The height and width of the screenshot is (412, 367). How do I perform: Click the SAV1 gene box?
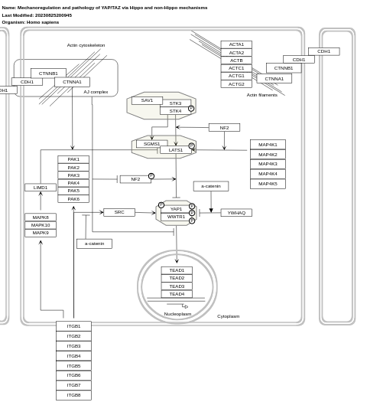click(x=147, y=100)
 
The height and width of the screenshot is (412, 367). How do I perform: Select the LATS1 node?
click(x=176, y=150)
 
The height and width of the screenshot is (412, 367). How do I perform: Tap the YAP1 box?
click(x=176, y=209)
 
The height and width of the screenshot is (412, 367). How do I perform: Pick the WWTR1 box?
click(x=176, y=217)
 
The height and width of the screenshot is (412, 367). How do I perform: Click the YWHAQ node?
click(x=236, y=213)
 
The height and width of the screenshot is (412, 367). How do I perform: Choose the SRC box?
click(x=119, y=212)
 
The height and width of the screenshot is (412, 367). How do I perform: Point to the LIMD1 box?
click(x=41, y=188)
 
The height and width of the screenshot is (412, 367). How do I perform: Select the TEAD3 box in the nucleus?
click(x=177, y=286)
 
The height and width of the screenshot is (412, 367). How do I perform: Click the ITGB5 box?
click(x=73, y=366)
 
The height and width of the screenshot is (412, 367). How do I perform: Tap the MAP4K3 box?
click(x=268, y=164)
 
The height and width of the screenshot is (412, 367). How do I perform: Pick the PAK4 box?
click(x=73, y=183)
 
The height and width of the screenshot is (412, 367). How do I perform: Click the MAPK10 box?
click(x=41, y=225)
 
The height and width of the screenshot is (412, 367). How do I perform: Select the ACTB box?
click(x=236, y=60)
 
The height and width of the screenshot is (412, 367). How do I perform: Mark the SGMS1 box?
click(x=151, y=144)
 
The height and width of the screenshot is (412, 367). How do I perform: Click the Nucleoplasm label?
click(x=177, y=314)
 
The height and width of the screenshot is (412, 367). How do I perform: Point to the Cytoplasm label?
click(x=228, y=316)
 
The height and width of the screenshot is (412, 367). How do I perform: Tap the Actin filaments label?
click(x=261, y=95)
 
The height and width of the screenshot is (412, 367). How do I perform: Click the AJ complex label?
click(x=96, y=92)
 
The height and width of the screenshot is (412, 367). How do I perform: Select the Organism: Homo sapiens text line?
click(x=31, y=22)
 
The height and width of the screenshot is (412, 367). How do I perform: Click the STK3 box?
click(x=175, y=103)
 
